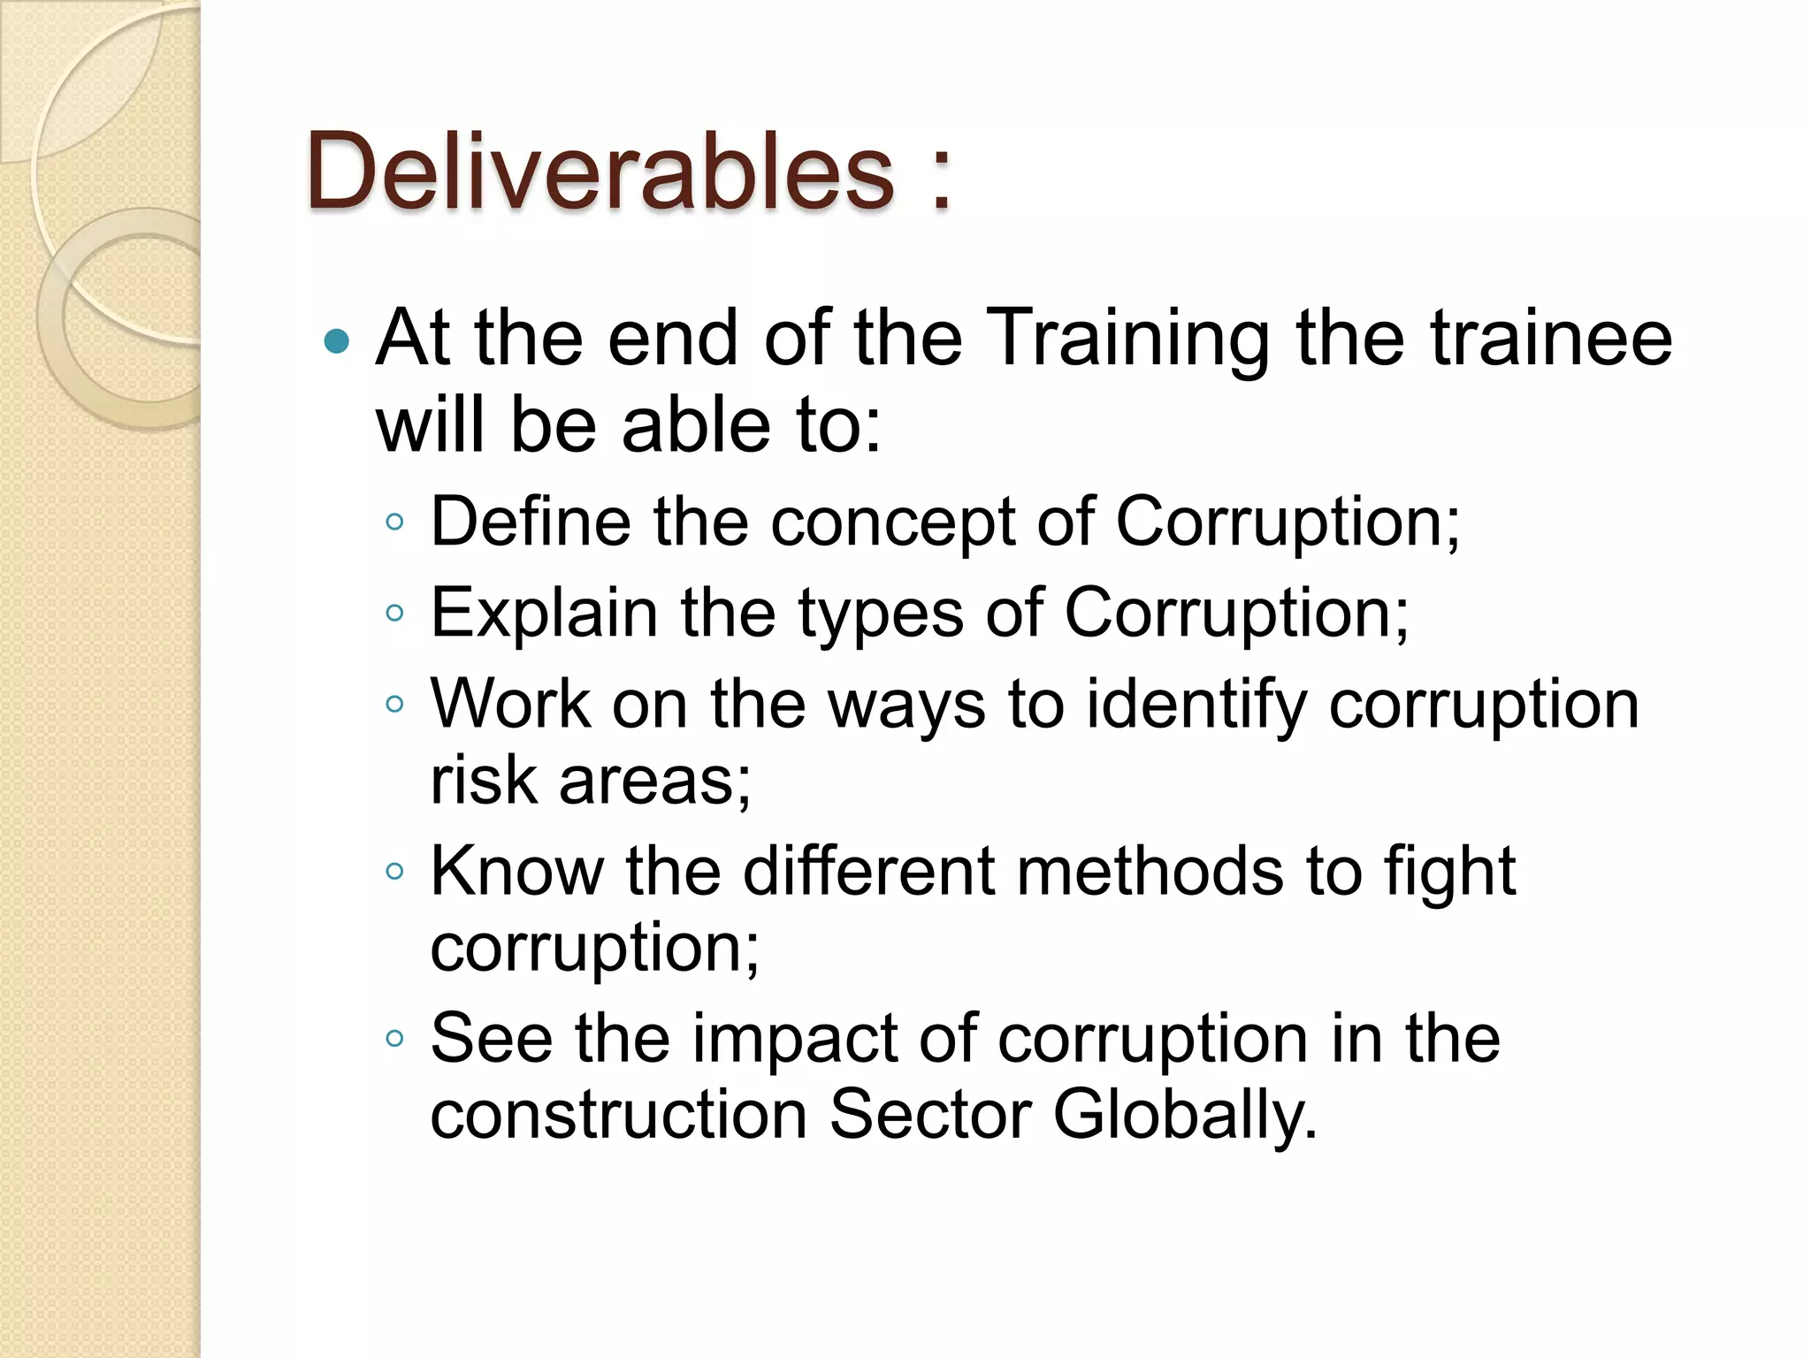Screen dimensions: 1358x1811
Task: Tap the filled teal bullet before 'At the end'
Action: coord(337,341)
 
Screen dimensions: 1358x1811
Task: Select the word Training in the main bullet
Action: coord(1127,340)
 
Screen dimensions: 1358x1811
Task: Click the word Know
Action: coord(516,872)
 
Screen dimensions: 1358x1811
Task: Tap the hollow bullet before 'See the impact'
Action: coord(394,1038)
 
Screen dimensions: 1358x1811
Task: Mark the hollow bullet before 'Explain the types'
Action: coord(394,612)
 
